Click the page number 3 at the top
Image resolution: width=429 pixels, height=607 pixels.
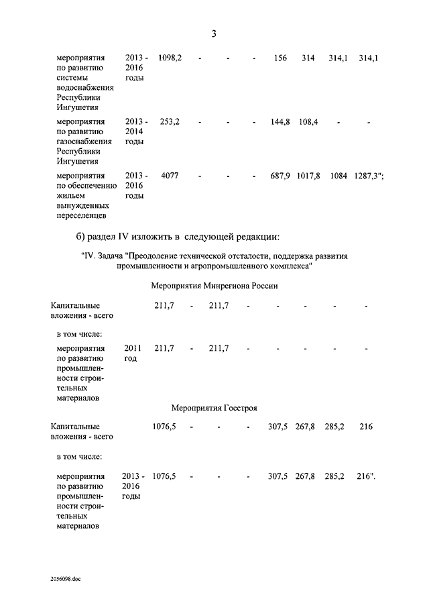[214, 34]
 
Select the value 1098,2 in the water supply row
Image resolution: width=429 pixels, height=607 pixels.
[170, 58]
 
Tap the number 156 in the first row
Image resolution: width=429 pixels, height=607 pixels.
[280, 58]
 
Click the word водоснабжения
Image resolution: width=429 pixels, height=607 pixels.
[85, 87]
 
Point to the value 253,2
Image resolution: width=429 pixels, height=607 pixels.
[170, 122]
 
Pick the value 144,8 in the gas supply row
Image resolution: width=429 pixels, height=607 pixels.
[280, 122]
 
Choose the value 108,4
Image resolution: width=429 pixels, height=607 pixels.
[308, 122]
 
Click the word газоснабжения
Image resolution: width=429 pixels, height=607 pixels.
[85, 142]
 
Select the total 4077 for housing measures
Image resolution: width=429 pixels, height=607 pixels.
[170, 176]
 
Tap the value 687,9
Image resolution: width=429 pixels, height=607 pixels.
[280, 176]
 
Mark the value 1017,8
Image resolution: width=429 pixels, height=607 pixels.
[308, 176]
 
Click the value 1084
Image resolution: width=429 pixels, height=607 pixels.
[339, 176]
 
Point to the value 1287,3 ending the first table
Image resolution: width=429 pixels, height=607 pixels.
[367, 176]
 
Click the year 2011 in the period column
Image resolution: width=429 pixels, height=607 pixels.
[133, 348]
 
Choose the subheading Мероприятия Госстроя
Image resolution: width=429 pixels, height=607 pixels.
[214, 407]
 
